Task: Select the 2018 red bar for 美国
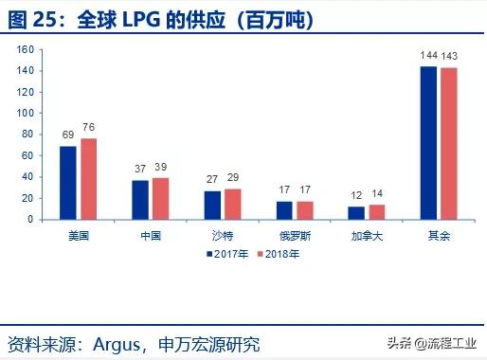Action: coord(88,178)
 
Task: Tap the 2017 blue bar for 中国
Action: coord(139,199)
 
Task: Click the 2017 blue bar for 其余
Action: coord(428,142)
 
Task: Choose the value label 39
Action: coord(161,169)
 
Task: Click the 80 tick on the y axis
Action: coord(26,135)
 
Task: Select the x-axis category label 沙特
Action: coord(223,234)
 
